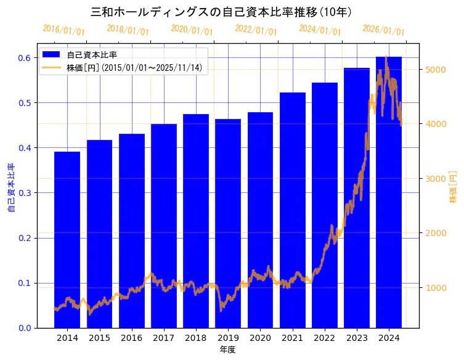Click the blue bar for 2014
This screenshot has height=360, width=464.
(x=67, y=240)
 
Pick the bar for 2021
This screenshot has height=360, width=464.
(x=292, y=210)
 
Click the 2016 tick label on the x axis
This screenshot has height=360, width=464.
(x=131, y=338)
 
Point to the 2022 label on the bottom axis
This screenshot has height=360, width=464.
(x=324, y=338)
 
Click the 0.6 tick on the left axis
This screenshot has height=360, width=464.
(x=24, y=58)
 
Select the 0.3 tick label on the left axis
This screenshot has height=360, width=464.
(x=24, y=193)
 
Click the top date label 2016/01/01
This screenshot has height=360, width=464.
(x=63, y=30)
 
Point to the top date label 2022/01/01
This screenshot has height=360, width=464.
(x=256, y=30)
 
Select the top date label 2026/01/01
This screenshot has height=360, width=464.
(x=383, y=30)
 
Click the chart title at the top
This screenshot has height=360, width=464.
(x=221, y=12)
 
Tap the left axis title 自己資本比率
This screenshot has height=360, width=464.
(x=10, y=187)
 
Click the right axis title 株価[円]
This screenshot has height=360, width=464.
(x=454, y=187)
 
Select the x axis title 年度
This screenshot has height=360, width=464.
(x=227, y=350)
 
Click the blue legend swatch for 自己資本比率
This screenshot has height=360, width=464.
(x=52, y=55)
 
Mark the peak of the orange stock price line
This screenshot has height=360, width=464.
(x=386, y=57)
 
